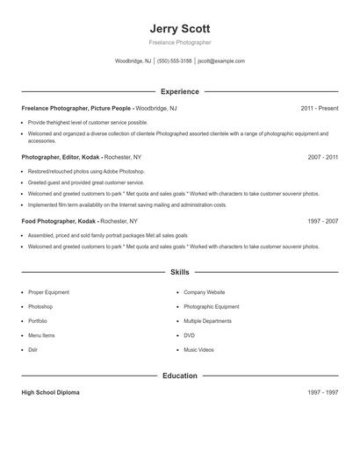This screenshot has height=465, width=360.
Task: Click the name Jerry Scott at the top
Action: coord(180,28)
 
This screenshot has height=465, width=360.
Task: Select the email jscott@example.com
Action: coord(221,61)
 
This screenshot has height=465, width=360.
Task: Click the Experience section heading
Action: coord(180,91)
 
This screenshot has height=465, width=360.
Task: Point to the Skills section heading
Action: coord(180,272)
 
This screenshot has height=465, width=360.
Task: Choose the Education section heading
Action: coord(180,376)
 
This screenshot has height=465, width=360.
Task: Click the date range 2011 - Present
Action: coord(319,108)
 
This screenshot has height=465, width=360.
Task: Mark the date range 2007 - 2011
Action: coord(322,157)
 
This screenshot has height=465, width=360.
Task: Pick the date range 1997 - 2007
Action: coord(322,222)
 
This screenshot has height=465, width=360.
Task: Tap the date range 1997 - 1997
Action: coord(322,392)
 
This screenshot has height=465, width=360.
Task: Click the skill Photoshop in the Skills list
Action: coord(40,307)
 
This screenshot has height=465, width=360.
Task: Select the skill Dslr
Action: coord(33,350)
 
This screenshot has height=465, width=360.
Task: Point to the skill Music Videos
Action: coord(198,350)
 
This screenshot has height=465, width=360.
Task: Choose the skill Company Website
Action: coord(204,292)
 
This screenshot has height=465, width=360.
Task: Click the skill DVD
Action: coord(189,335)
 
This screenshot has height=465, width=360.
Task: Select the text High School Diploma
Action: coord(50,392)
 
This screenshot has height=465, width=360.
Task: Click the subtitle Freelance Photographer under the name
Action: coord(180,42)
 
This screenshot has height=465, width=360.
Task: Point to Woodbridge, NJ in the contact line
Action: coord(133,61)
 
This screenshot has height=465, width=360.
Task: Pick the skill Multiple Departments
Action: coord(207,321)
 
